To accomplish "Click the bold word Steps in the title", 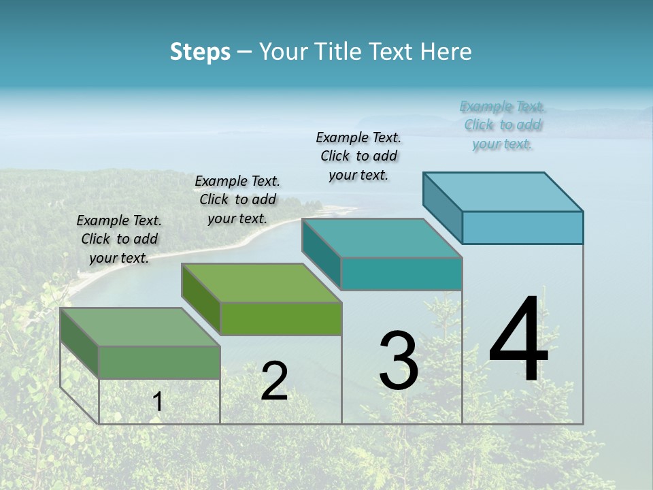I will pos(200,52).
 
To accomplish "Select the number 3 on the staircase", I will pos(399,360).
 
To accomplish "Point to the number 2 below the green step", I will pos(274,381).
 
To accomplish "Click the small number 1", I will pos(158,402).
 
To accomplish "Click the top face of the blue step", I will pos(503,191).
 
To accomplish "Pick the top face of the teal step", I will pos(382,238).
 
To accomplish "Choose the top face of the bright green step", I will pos(261,282).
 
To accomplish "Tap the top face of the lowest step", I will pos(140,327).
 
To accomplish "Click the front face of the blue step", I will pos(522,227).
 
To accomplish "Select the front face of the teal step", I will pos(401,274).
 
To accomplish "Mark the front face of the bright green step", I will pos(281,318).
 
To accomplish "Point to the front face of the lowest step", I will pos(159,362).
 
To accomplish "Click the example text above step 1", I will pos(119,239).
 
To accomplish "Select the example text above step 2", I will pos(237,199).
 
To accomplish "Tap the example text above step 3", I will pos(358,156).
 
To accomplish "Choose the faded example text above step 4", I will pos(502,125).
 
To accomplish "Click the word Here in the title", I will pos(449,52).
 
